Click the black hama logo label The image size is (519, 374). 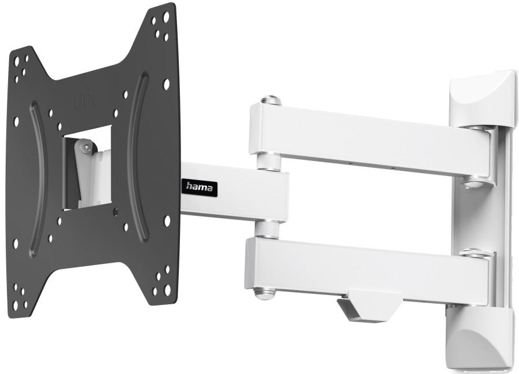[198, 187]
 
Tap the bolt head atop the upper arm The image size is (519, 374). [271, 100]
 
